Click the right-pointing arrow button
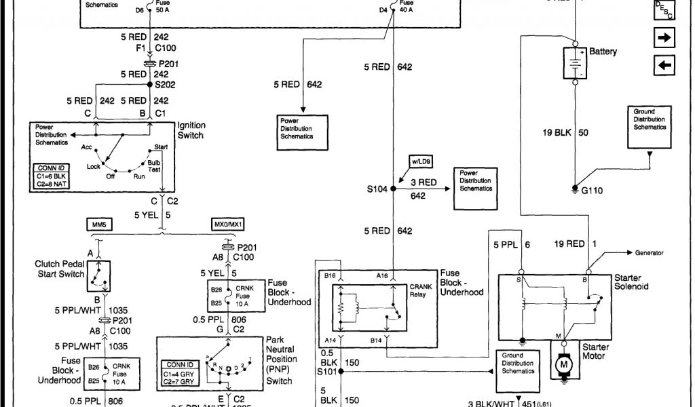[665, 38]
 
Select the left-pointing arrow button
[665, 65]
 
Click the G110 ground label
[592, 191]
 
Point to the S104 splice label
[377, 189]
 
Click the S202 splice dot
[149, 85]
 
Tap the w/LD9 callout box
[421, 161]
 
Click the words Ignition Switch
[191, 130]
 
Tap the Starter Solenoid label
[631, 282]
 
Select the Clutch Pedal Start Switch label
[60, 269]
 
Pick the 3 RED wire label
[424, 182]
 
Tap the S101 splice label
[327, 372]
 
